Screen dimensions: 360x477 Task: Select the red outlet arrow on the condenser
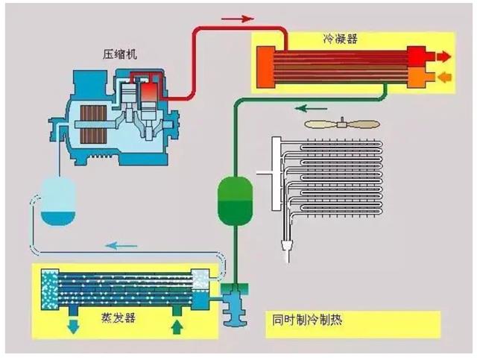[x=443, y=56]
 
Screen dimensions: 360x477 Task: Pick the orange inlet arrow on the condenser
[x=443, y=76]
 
